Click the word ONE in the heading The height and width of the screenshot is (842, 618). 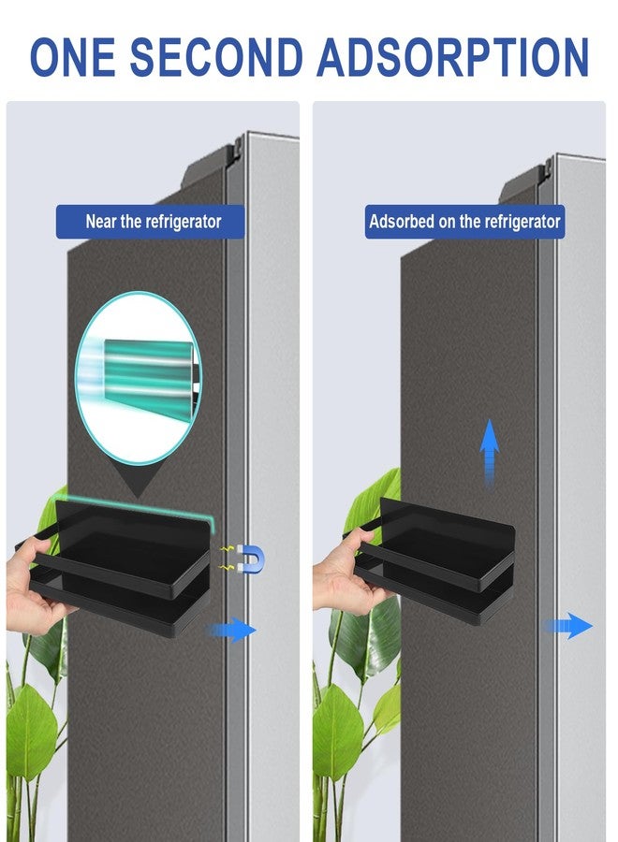click(72, 57)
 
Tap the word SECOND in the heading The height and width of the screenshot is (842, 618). click(216, 57)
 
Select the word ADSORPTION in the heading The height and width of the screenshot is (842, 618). click(453, 57)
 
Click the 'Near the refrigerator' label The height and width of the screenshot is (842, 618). click(151, 221)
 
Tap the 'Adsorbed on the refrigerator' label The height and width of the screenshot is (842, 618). click(464, 221)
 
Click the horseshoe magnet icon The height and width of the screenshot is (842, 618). click(251, 559)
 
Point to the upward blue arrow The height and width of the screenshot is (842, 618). click(489, 454)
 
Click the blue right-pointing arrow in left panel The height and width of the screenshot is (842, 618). click(232, 630)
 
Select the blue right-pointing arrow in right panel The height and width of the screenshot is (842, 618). click(568, 626)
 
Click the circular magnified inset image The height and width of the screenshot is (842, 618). click(138, 378)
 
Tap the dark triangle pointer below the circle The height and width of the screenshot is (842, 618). click(137, 480)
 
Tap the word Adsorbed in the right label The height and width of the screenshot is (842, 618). click(394, 221)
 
